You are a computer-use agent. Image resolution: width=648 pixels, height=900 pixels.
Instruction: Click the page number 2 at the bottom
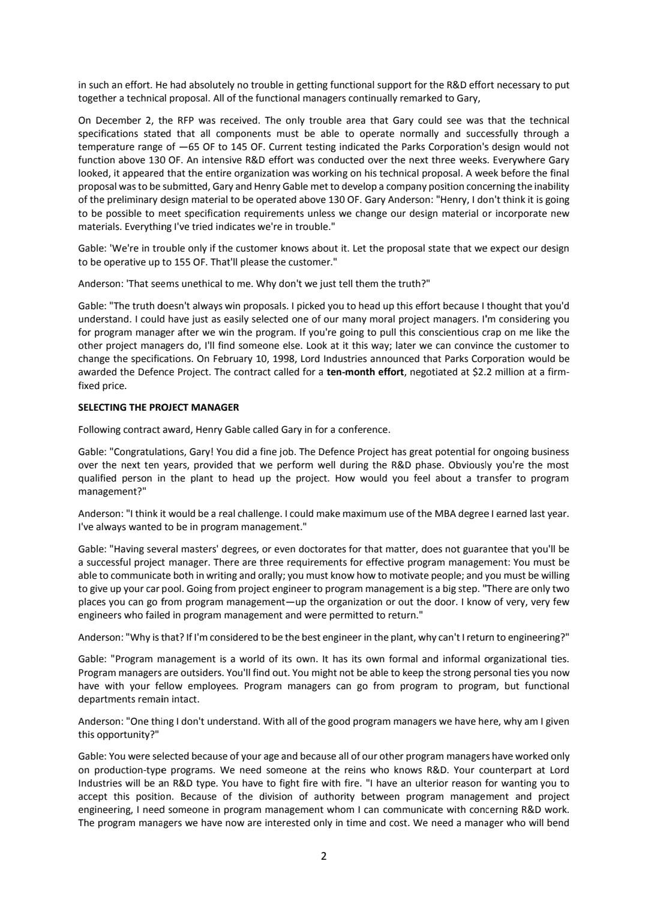coord(324,856)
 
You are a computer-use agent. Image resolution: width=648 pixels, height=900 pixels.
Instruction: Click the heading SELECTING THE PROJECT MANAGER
coord(158,407)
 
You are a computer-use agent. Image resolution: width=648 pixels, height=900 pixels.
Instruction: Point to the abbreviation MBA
coord(441,514)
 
